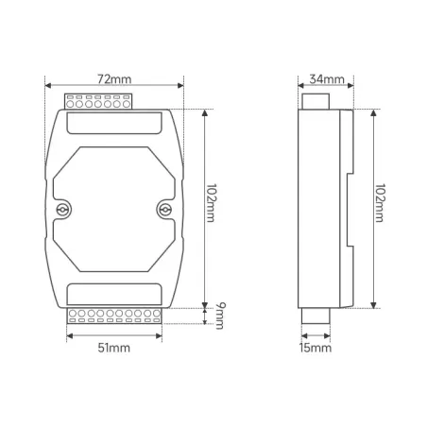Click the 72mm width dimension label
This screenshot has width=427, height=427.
click(114, 79)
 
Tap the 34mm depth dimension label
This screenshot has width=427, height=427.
click(327, 79)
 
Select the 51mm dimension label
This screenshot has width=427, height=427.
click(113, 348)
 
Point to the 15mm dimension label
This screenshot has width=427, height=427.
click(316, 348)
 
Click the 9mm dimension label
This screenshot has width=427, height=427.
click(220, 316)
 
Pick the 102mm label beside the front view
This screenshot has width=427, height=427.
click(211, 203)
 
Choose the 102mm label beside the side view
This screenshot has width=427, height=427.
click(379, 203)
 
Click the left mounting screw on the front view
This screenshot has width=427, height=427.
click(62, 210)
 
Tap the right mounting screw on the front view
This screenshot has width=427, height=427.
click(164, 210)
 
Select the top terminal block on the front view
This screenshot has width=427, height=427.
click(98, 101)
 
